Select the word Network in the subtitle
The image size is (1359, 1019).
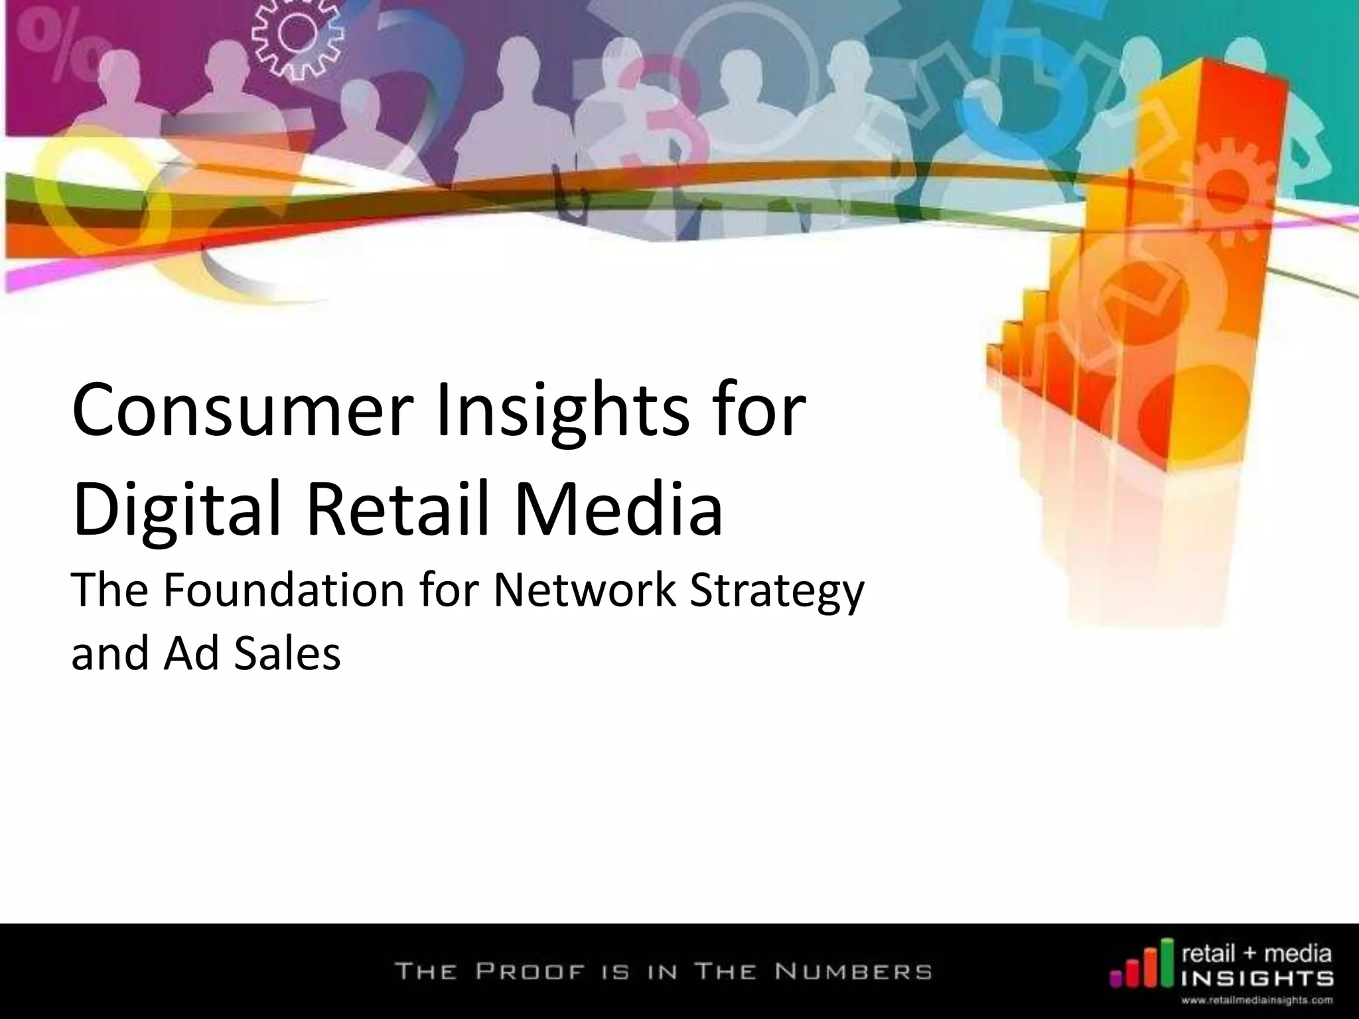click(585, 590)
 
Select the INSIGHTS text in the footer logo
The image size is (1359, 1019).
click(1258, 979)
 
